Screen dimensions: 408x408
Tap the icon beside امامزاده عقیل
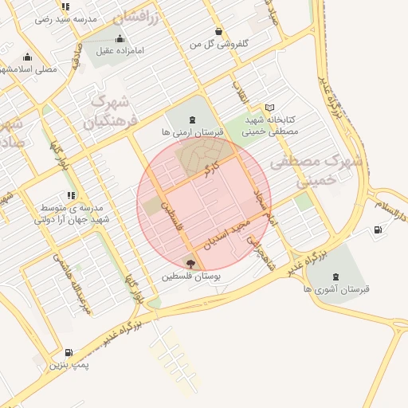tap(120, 38)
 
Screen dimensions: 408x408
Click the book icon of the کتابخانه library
tap(269, 108)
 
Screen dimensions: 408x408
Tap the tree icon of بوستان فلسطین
tap(190, 263)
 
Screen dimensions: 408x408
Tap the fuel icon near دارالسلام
tap(377, 229)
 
